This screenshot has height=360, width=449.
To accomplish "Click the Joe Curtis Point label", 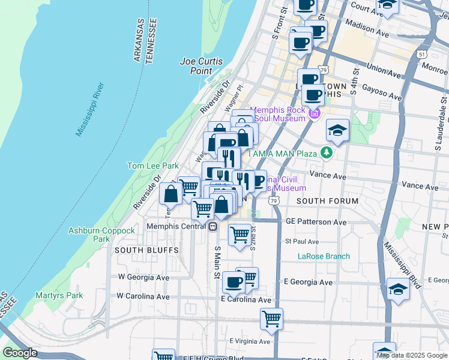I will [x=201, y=66].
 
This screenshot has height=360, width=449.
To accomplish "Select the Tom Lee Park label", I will [x=152, y=166].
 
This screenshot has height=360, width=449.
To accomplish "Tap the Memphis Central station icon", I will [x=212, y=226].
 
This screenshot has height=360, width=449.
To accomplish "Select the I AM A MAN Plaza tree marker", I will [x=326, y=152].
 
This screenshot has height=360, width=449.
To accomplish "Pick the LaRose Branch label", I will [x=324, y=256].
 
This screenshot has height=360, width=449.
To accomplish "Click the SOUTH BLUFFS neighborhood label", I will [x=138, y=250].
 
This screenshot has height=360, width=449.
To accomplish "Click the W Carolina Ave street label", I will [x=143, y=296].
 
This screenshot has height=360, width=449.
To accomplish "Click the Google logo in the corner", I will [x=20, y=353].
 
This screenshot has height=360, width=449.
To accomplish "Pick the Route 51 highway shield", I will [x=423, y=54].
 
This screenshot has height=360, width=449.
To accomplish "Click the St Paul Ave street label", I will [x=301, y=241].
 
